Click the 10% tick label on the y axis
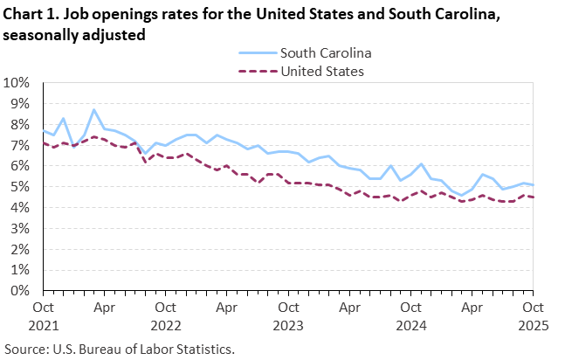(x=18, y=83)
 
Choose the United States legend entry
(x=321, y=71)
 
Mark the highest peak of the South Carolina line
(x=94, y=110)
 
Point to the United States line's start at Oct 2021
(x=43, y=143)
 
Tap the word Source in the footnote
(x=25, y=349)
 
